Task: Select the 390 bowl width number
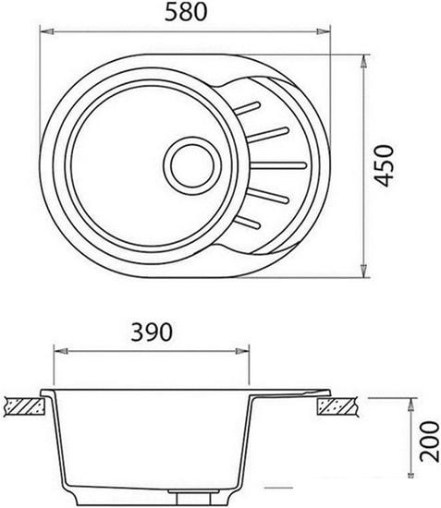pyautogui.click(x=151, y=333)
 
